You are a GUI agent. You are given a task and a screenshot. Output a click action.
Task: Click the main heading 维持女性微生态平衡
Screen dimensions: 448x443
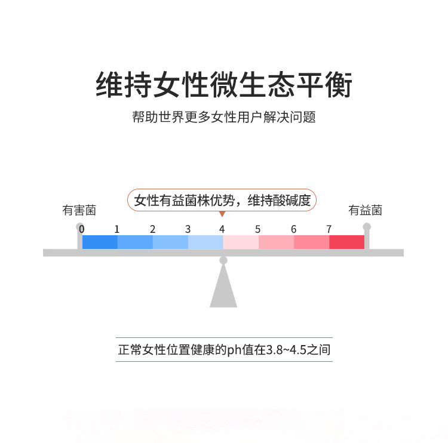[x=224, y=85]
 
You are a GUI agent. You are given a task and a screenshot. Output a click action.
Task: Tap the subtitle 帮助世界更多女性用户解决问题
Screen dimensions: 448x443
[x=224, y=117]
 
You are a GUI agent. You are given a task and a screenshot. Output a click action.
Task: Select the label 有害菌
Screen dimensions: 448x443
[x=79, y=210]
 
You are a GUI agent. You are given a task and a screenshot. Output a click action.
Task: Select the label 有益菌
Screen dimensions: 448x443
[x=365, y=210]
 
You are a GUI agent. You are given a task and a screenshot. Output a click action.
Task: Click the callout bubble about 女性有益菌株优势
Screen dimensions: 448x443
[x=222, y=201]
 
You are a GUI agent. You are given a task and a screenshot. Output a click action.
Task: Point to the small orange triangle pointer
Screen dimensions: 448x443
[x=222, y=214]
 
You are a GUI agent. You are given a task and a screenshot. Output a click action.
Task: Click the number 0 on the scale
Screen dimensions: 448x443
[x=82, y=229]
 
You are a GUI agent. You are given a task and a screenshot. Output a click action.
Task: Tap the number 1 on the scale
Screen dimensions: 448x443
[x=117, y=229]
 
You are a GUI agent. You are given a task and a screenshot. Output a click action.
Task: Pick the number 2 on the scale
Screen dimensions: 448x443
[x=152, y=229]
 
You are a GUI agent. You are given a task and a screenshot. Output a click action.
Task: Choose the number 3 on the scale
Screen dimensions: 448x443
[x=188, y=229]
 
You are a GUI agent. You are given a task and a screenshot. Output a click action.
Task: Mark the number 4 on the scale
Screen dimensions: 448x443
[x=222, y=229]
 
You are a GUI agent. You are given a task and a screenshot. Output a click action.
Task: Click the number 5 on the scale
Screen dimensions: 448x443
[x=257, y=229]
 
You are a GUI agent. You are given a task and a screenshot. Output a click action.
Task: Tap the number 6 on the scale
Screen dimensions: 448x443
[x=293, y=229]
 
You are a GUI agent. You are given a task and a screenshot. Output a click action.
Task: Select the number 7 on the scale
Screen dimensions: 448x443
[x=329, y=229]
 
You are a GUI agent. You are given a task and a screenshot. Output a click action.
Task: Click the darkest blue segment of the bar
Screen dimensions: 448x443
[x=100, y=242]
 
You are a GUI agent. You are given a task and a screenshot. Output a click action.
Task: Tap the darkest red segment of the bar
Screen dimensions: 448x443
[x=346, y=242]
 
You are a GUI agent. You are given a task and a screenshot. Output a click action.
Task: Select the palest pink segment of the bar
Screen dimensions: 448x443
[x=241, y=242]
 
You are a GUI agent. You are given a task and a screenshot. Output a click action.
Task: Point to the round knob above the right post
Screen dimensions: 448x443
[x=367, y=227]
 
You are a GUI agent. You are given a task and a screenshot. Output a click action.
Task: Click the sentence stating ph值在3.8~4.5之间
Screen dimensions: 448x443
[x=224, y=350]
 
